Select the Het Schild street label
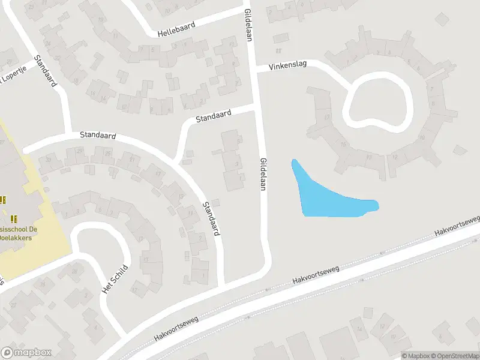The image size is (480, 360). click(x=115, y=278)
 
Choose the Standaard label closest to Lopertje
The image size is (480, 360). click(x=46, y=71)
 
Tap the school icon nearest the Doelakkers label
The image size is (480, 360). click(x=14, y=218)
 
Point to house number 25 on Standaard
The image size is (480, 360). click(x=107, y=154)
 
